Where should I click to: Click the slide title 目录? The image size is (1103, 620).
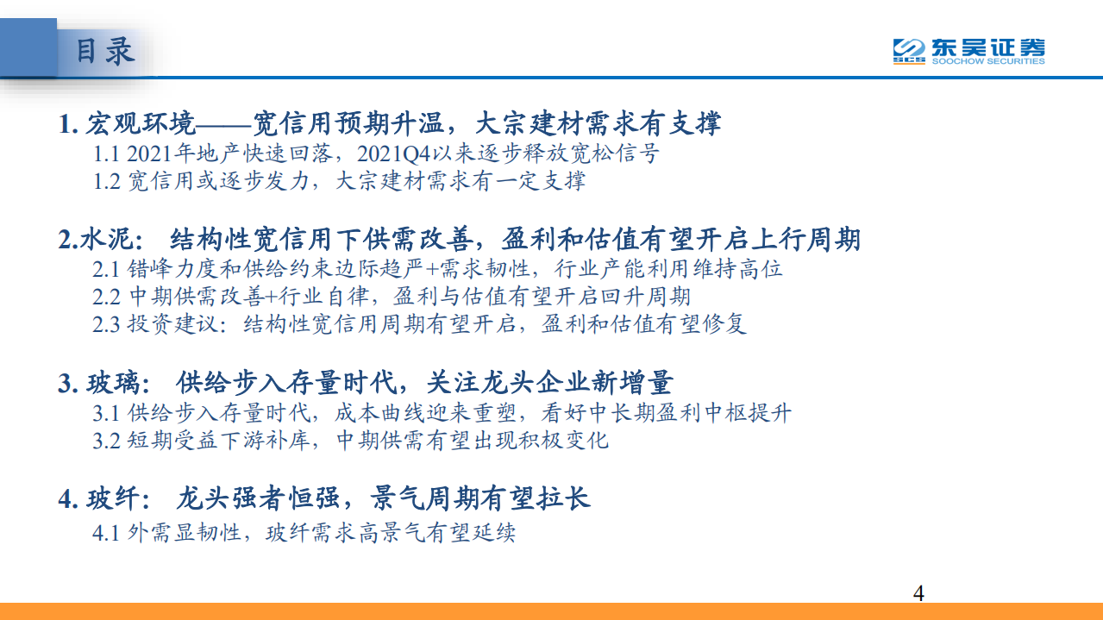click(x=105, y=50)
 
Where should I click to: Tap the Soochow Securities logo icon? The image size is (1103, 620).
click(x=908, y=51)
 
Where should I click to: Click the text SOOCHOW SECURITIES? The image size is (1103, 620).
click(x=987, y=61)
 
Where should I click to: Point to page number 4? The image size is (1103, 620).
click(x=918, y=593)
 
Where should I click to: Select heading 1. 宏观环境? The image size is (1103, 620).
click(x=389, y=124)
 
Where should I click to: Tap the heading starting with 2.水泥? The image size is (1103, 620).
click(x=459, y=239)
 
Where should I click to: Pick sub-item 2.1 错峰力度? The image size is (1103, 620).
click(x=437, y=269)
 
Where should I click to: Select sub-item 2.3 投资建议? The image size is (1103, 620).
click(x=419, y=324)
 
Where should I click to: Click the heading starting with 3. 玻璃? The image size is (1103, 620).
click(x=365, y=382)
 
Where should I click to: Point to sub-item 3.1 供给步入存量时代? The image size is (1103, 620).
click(x=442, y=412)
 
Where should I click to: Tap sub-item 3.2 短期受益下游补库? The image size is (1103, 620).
click(x=350, y=440)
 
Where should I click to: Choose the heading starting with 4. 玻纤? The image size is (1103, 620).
click(x=324, y=498)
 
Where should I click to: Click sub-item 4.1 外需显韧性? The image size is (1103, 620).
click(x=304, y=533)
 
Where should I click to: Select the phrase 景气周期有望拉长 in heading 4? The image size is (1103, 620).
click(x=480, y=498)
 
